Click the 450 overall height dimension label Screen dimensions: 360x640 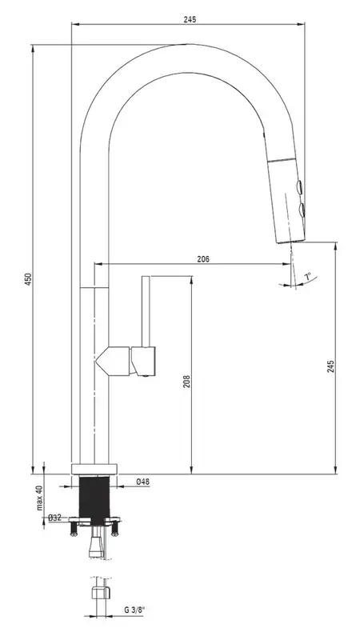tap(28, 278)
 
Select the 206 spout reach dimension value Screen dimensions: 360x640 tap(203, 258)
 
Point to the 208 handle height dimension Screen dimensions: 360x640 tap(187, 382)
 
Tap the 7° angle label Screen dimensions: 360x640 tap(308, 277)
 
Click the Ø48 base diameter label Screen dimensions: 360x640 tap(142, 482)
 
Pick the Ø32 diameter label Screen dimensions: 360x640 tap(54, 518)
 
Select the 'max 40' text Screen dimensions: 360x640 tap(39, 498)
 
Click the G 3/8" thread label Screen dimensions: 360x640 tap(134, 610)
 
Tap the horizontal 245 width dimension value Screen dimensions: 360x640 tap(190, 19)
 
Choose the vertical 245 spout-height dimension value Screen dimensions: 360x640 tap(330, 366)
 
